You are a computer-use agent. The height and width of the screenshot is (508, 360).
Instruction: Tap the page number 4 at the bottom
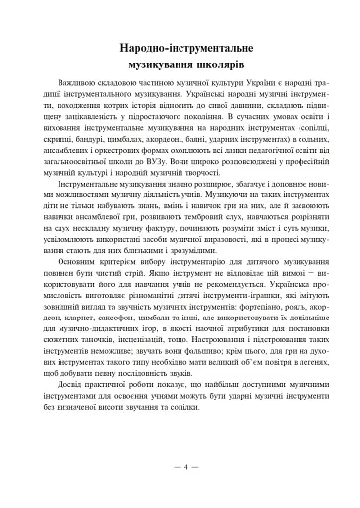(180, 466)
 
